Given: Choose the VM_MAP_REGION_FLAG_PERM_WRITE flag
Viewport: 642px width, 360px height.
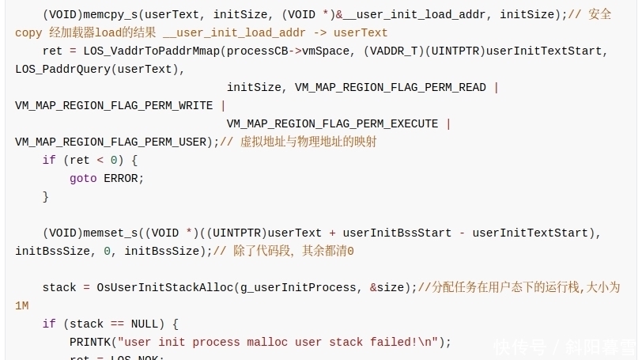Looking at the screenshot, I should [114, 105].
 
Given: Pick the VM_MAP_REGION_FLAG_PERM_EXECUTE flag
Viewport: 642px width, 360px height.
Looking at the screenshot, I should [332, 123].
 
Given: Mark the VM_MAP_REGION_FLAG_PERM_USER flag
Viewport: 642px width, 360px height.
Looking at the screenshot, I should [111, 142].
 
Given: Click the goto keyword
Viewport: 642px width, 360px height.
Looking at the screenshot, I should [83, 178].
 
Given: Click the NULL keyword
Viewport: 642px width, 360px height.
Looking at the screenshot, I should [148, 324].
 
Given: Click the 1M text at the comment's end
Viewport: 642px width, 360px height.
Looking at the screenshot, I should [22, 305].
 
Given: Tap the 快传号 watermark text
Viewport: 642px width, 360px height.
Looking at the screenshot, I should [519, 347].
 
